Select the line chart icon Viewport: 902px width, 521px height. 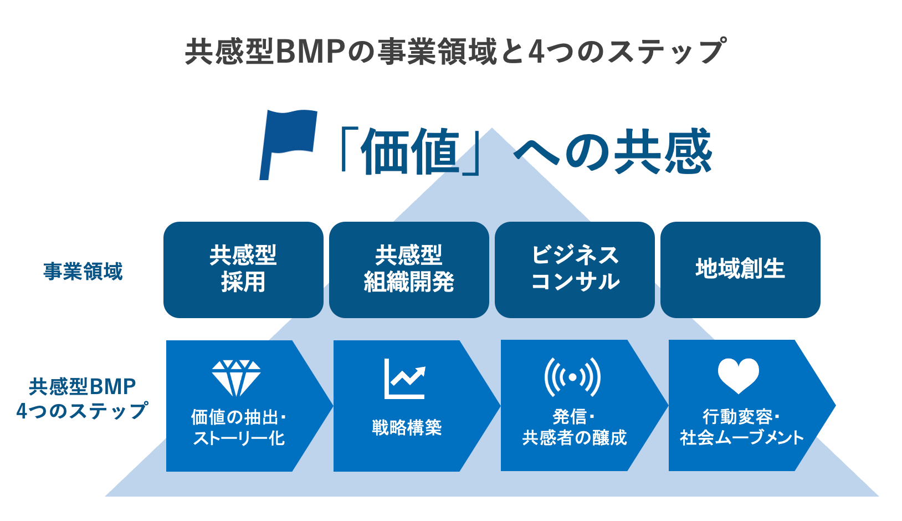click(x=405, y=379)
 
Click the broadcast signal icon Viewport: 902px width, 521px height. click(x=572, y=377)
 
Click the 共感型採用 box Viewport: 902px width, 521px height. click(x=243, y=270)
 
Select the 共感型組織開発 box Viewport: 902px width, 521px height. click(x=409, y=270)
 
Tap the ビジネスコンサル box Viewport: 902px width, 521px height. click(x=575, y=270)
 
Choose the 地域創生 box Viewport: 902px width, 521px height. click(x=740, y=270)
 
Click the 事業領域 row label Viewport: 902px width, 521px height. click(x=83, y=272)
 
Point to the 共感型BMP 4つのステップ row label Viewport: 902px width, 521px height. click(x=82, y=399)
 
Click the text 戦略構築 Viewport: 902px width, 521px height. click(x=407, y=428)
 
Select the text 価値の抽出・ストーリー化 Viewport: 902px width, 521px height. click(x=238, y=427)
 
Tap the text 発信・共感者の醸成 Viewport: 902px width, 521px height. click(x=575, y=427)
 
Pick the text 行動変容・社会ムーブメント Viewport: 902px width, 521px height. click(x=741, y=427)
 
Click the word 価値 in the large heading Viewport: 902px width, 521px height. click(x=410, y=151)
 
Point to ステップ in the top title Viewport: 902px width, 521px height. click(x=666, y=52)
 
